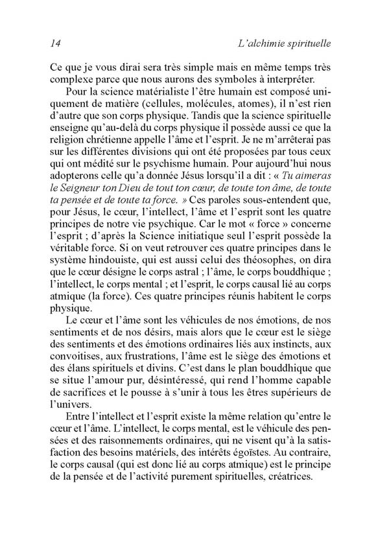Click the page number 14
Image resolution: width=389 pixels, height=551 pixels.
pyautogui.click(x=54, y=43)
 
